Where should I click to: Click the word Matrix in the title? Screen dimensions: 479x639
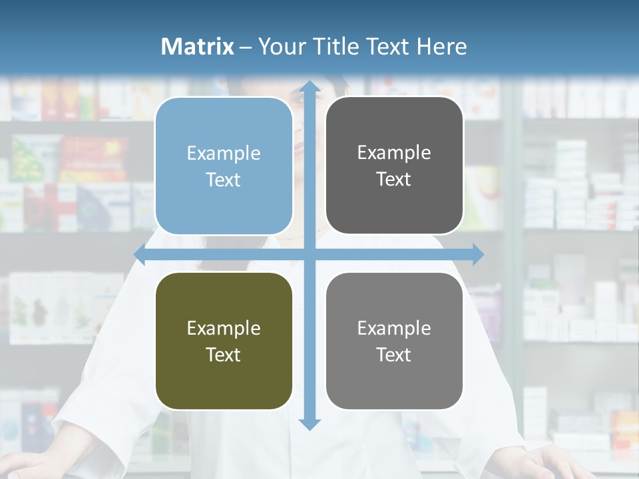198,47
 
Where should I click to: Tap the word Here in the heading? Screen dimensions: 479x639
441,47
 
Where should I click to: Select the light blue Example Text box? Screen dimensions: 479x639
224,166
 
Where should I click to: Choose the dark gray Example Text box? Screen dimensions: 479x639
394,166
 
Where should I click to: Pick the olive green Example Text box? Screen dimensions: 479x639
224,341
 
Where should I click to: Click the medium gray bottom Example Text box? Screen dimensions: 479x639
394,341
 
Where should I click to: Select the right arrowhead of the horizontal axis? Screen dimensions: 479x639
478,254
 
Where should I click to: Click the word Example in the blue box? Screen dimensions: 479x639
224,154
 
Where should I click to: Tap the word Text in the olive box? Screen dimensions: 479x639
224,355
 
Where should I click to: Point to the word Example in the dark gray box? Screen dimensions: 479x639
394,153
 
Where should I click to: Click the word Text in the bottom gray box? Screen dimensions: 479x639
394,355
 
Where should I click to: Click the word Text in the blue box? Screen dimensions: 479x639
224,180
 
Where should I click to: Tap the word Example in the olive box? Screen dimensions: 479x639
224,329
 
